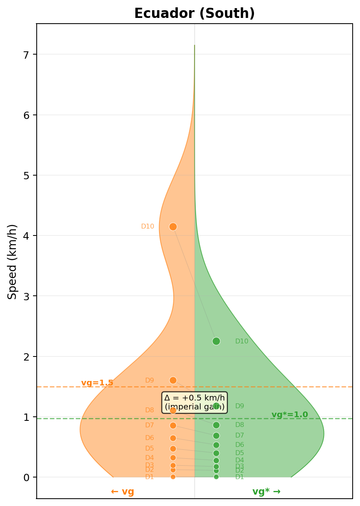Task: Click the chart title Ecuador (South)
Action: coord(194,14)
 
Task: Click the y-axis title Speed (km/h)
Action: coord(13,262)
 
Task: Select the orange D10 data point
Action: coord(173,227)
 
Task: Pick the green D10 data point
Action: coord(216,341)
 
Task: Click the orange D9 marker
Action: coord(173,380)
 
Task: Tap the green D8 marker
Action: coord(216,425)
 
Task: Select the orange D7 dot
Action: coord(173,425)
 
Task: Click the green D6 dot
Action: coord(216,445)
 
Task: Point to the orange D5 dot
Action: coord(173,449)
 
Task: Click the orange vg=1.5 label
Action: coord(97,383)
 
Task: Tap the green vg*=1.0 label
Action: coord(289,415)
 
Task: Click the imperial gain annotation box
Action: coord(194,402)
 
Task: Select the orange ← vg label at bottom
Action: coord(122,492)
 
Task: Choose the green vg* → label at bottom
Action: coord(266,492)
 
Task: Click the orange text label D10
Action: coord(148,227)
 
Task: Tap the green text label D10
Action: coord(241,341)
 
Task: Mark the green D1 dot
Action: coord(216,477)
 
